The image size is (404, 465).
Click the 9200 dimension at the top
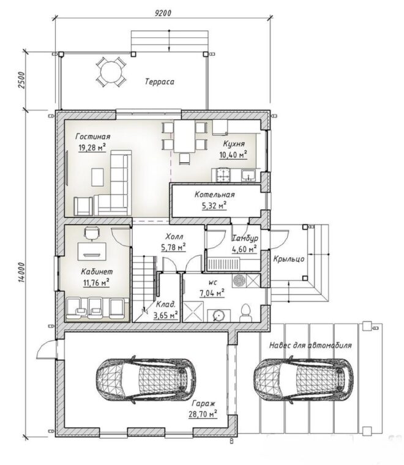pos(163,13)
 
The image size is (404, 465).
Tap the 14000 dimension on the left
pos(22,272)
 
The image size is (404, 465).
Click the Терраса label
pos(160,81)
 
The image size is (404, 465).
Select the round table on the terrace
pos(110,72)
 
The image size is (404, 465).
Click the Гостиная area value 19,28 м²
pos(92,147)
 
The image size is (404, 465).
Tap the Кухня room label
pos(234,144)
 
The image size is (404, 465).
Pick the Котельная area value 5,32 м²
pos(214,205)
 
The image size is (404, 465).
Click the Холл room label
pos(174,237)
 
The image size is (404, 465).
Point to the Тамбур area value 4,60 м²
pos(244,249)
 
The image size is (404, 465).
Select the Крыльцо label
pos(288,259)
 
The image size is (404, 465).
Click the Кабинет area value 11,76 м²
pos(96,283)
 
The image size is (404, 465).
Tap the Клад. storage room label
pos(166,305)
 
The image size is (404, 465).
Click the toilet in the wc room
pos(245,313)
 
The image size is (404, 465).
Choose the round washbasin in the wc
pos(219,316)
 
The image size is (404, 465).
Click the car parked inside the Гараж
pos(146,379)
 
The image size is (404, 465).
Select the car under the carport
pos(304,379)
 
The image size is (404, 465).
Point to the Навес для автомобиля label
pos(310,346)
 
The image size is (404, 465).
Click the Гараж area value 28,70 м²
pos(203,414)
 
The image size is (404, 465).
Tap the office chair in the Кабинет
pos(92,233)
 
